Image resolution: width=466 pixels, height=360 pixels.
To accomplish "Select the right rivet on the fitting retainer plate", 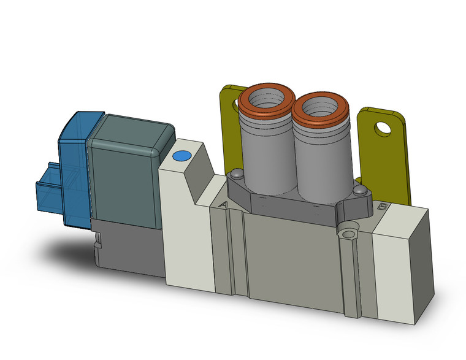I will [x=361, y=191].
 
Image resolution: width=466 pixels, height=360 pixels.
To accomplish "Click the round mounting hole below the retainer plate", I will [x=350, y=234].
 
